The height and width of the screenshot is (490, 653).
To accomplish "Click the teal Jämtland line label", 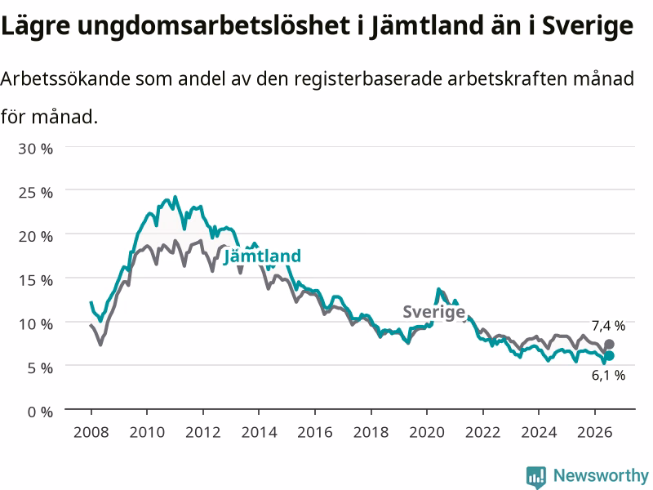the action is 262,256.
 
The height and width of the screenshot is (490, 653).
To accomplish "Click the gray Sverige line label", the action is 433,312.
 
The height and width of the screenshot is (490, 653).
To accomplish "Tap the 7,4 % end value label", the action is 608,326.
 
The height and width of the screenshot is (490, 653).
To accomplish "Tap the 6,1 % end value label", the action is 608,376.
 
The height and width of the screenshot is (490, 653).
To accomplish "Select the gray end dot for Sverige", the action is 609,344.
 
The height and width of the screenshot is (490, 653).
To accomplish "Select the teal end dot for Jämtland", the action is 609,356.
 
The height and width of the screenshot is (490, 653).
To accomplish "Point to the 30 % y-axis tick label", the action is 35,149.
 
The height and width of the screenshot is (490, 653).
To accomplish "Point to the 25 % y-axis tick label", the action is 35,193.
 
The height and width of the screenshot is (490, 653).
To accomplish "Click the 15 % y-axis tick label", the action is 35,280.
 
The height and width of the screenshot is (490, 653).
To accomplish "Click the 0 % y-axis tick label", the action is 40,412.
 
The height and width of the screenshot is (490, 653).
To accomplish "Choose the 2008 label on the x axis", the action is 91,432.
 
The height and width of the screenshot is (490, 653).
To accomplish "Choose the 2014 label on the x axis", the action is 259,432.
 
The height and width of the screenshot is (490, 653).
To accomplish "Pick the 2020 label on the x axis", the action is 427,432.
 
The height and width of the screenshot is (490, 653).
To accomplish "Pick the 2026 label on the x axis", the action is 595,432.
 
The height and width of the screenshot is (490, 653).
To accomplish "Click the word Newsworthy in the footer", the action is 601,475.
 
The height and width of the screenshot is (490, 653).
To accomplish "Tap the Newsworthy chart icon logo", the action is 536,477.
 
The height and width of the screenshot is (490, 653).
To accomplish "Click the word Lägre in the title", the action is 35,27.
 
